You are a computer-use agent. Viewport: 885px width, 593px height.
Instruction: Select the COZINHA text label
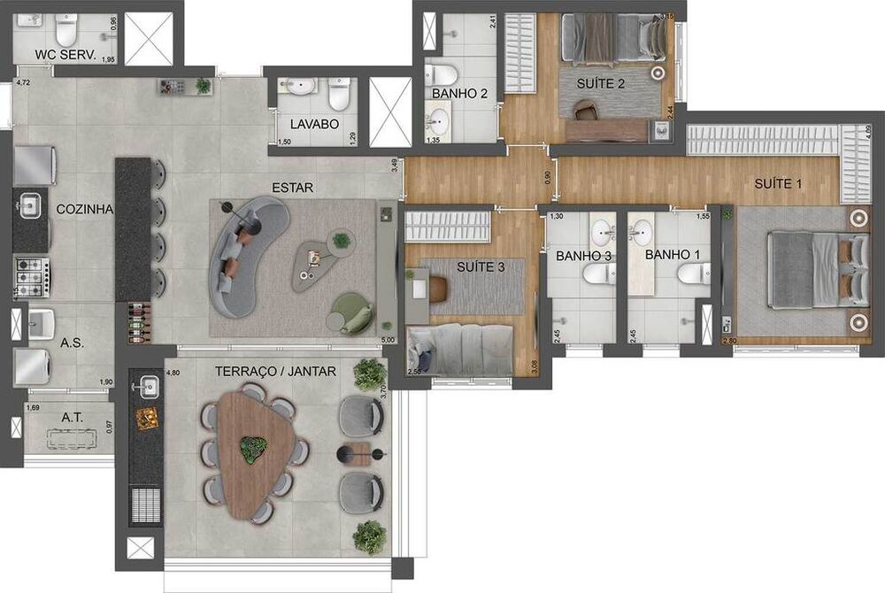[84, 210]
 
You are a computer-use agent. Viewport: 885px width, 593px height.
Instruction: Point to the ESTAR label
[293, 188]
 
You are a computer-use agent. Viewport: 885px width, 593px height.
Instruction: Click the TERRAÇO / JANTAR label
[275, 372]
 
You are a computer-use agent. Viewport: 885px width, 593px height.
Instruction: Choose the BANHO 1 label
[673, 255]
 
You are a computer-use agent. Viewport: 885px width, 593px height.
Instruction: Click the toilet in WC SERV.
[67, 32]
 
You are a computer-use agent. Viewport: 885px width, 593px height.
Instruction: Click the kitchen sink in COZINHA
[28, 206]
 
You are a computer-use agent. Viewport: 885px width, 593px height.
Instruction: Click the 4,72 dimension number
[24, 83]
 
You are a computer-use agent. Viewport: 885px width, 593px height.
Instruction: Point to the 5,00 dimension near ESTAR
[387, 339]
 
